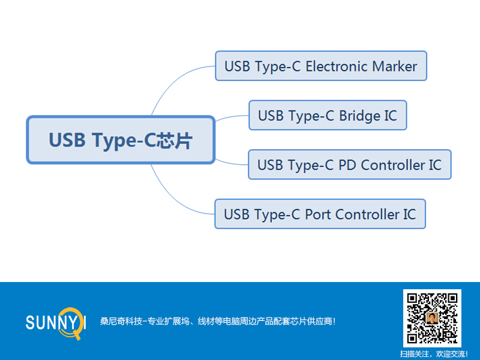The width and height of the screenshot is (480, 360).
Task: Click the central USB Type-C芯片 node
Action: [121, 140]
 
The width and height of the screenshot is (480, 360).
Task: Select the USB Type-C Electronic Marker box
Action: [320, 66]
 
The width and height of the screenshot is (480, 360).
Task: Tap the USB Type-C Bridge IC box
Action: [328, 115]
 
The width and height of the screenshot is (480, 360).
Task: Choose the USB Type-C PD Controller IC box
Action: [349, 164]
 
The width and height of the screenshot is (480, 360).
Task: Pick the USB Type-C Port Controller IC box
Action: [320, 214]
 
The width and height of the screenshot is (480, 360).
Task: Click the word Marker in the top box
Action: [394, 66]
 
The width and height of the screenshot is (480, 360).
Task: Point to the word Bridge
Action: [359, 115]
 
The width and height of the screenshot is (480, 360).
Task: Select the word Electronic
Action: [337, 66]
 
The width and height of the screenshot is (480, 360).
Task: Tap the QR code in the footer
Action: [432, 318]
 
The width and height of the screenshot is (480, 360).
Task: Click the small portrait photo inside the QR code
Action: [432, 318]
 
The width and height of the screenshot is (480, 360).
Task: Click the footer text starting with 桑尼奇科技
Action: [217, 322]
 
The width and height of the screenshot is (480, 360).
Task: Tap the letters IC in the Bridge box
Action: [390, 115]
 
